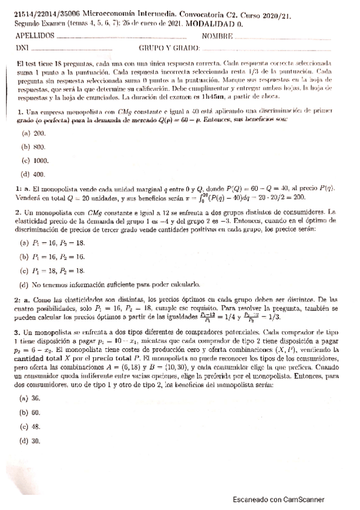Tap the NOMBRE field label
218,35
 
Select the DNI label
21,47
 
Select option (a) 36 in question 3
31,398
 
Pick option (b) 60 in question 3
31,413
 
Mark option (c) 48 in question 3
31,427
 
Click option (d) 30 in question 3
31,441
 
